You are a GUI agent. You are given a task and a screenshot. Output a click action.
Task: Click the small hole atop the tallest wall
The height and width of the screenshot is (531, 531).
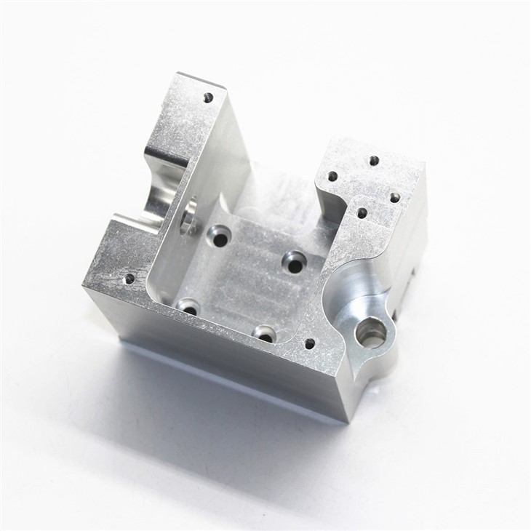pyautogui.click(x=208, y=96)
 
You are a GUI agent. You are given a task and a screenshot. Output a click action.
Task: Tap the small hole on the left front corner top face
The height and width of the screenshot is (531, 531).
pyautogui.click(x=129, y=278)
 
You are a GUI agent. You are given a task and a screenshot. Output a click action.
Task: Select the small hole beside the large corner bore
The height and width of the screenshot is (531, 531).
pyautogui.click(x=310, y=343)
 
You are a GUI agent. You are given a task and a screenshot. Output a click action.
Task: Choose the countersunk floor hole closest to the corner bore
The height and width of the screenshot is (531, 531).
pyautogui.click(x=265, y=335)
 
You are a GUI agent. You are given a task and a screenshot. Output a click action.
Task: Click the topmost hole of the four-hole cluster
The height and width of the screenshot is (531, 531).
pyautogui.click(x=374, y=161)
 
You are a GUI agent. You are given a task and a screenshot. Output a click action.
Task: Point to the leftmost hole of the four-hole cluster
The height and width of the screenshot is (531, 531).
pyautogui.click(x=332, y=176)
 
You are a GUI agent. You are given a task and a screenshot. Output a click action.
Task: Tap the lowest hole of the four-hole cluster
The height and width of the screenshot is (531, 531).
pyautogui.click(x=362, y=213)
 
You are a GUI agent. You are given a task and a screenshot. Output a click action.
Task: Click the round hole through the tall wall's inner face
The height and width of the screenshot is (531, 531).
pyautogui.click(x=190, y=216)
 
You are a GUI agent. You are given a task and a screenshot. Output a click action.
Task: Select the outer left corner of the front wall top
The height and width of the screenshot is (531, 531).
pyautogui.click(x=83, y=285)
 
